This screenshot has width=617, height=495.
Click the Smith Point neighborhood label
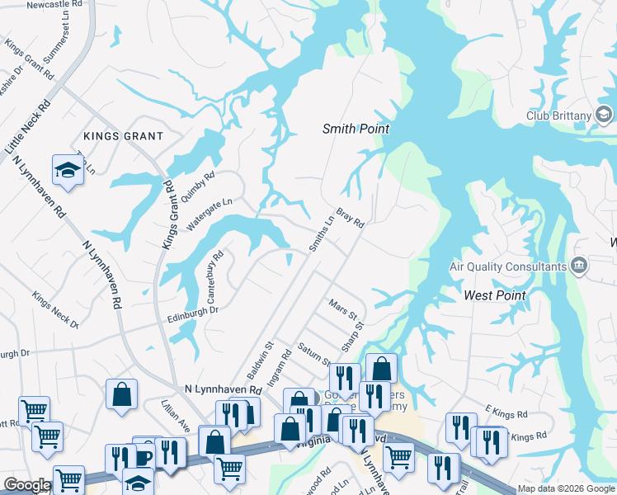click(355, 129)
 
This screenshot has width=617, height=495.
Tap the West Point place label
click(495, 295)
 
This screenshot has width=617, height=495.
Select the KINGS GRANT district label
click(122, 135)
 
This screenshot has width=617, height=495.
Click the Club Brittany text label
click(559, 115)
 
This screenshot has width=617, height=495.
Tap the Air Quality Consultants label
click(506, 266)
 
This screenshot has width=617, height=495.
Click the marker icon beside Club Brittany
click(605, 115)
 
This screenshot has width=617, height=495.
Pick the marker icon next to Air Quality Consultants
click(579, 266)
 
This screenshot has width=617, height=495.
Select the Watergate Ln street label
click(210, 214)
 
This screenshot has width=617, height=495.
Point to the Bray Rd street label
click(350, 217)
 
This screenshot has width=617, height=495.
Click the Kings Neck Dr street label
click(55, 309)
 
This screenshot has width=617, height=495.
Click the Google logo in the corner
click(27, 485)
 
